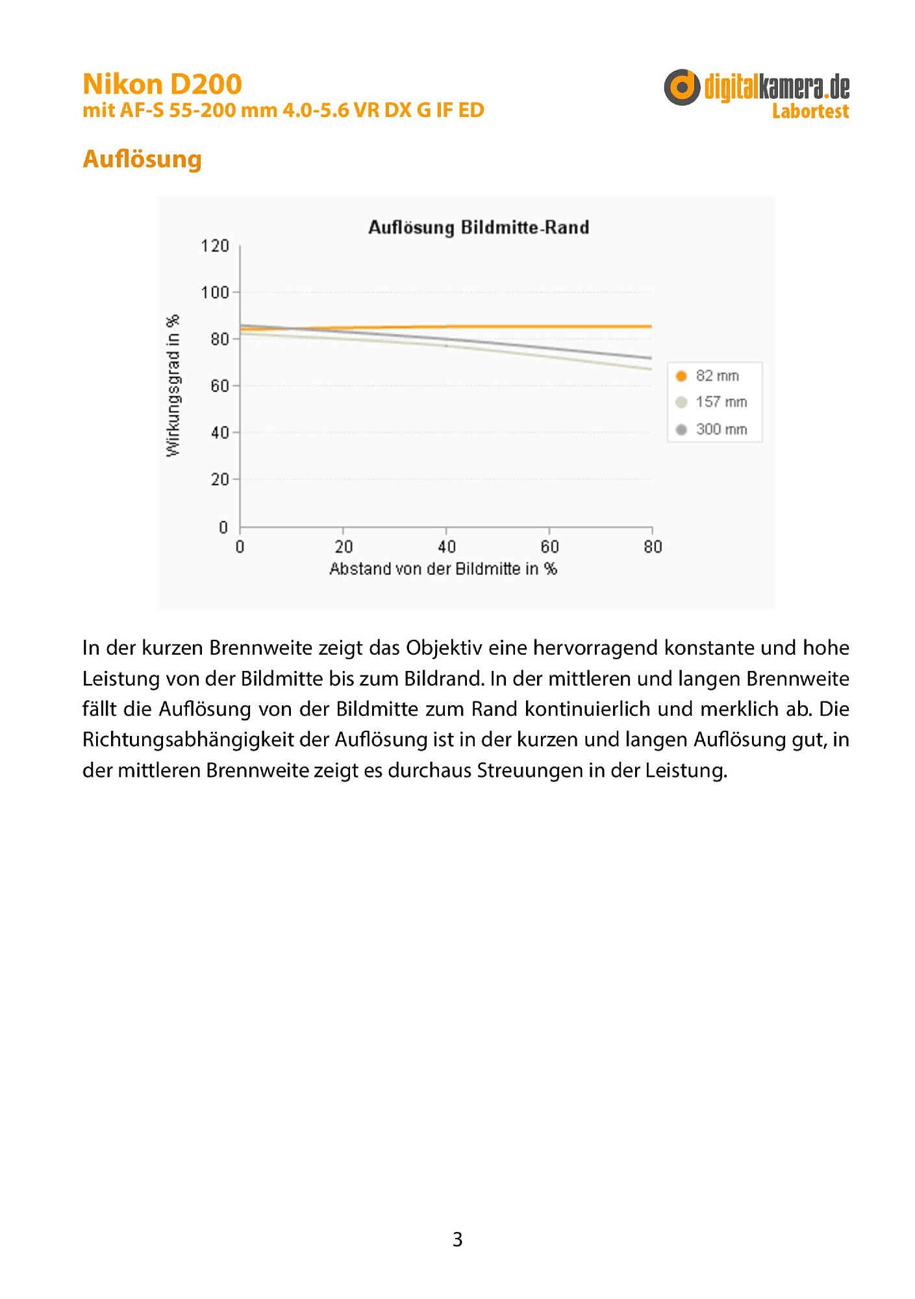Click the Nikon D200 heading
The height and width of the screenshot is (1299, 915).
click(x=162, y=84)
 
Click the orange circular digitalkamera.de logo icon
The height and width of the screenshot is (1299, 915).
click(x=681, y=87)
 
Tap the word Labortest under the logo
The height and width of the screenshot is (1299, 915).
click(x=810, y=112)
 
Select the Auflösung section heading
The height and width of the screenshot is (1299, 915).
click(x=142, y=159)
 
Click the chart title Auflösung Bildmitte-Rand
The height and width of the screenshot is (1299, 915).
click(x=479, y=227)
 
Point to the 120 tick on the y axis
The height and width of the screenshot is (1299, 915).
click(x=215, y=246)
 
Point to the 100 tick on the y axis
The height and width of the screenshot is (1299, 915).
click(x=215, y=292)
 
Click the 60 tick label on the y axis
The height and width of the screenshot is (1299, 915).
click(x=219, y=386)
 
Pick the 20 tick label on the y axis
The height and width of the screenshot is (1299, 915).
click(x=219, y=479)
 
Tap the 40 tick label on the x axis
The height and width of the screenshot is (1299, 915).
click(x=446, y=547)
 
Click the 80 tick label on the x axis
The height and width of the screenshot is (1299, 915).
click(x=653, y=547)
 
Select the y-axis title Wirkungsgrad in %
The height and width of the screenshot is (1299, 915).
click(x=173, y=386)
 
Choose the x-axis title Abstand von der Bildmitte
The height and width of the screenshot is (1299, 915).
click(x=443, y=569)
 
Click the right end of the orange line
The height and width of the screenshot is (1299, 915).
click(x=650, y=326)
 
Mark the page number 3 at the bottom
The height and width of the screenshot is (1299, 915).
click(x=457, y=1239)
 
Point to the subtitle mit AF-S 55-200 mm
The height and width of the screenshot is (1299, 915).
click(x=283, y=110)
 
